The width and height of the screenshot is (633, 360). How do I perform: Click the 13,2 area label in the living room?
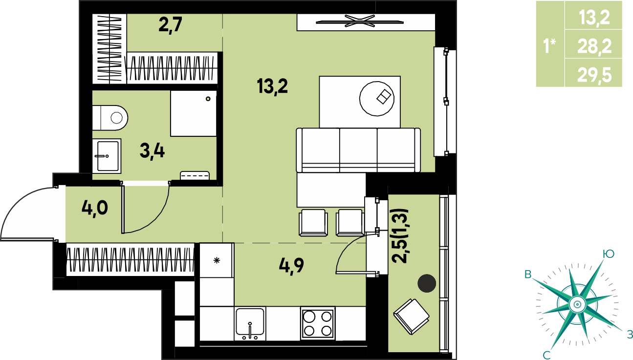point(272,86)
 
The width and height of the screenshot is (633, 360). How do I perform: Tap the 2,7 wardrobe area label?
point(170,25)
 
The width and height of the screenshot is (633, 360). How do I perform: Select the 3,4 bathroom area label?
point(152,151)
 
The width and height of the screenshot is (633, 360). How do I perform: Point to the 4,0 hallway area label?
point(95,208)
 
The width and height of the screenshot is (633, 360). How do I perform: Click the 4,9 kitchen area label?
point(291,265)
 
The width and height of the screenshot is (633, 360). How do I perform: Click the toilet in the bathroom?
point(110,118)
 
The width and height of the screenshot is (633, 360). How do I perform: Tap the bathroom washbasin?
point(107,156)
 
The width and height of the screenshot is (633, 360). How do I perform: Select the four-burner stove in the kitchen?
point(318,323)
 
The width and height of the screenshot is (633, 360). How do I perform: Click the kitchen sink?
point(250,323)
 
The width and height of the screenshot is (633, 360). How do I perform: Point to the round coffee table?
point(377,99)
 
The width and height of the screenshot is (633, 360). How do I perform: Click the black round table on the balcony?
point(427,283)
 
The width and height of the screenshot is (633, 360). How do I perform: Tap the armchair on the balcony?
point(411,317)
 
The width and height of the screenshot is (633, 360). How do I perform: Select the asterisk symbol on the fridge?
point(217,260)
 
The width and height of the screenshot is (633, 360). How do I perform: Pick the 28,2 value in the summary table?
point(594,46)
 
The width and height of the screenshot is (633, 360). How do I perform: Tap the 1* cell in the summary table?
point(549,46)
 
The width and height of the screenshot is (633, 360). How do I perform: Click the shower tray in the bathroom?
point(194,113)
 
